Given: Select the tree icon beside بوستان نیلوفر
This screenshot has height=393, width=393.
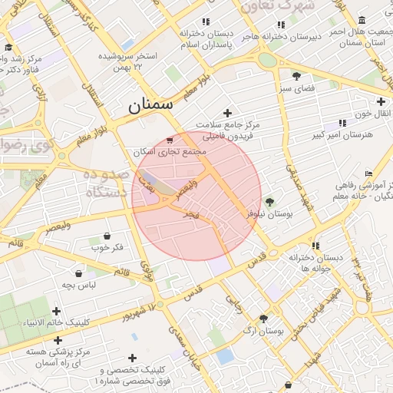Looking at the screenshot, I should [269, 202].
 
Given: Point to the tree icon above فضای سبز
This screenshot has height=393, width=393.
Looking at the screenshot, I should [296, 75].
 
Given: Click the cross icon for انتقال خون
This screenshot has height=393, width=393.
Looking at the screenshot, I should [381, 101].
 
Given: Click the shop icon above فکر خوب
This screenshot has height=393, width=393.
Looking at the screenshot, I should [106, 235].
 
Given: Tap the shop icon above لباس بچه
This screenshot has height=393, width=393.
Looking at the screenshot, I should [79, 272].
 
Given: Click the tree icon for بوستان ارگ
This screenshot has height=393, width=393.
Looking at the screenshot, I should [264, 319].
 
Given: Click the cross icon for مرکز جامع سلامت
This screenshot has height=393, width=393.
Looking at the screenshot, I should [226, 113].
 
